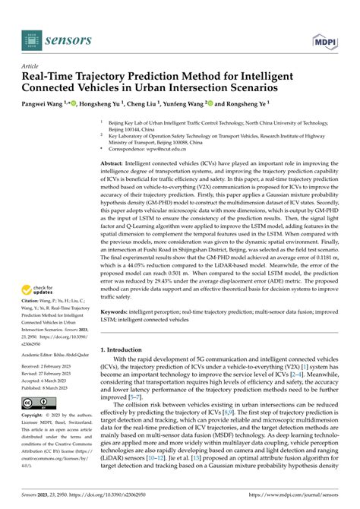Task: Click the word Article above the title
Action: (33, 66)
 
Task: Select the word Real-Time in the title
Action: (52, 77)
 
